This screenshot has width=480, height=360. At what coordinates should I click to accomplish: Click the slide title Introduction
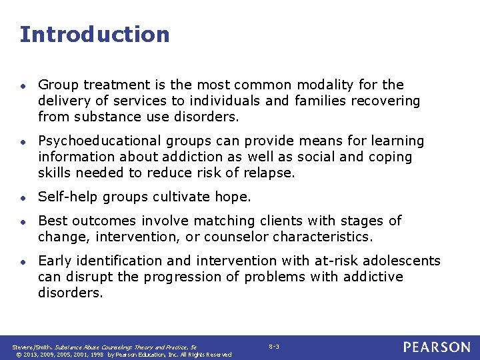[95, 34]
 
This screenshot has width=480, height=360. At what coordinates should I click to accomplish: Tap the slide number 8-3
[274, 347]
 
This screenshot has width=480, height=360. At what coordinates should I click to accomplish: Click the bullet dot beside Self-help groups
[23, 197]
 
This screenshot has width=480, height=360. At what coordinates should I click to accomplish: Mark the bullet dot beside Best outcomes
[23, 221]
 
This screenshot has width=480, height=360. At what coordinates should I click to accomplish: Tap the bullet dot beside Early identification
[23, 261]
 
